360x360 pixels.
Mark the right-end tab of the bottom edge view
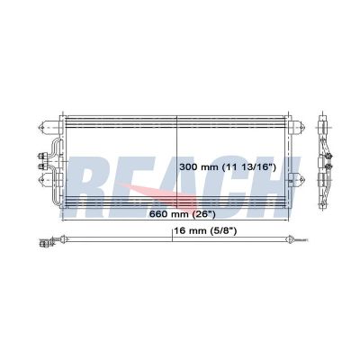tap(301, 240)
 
